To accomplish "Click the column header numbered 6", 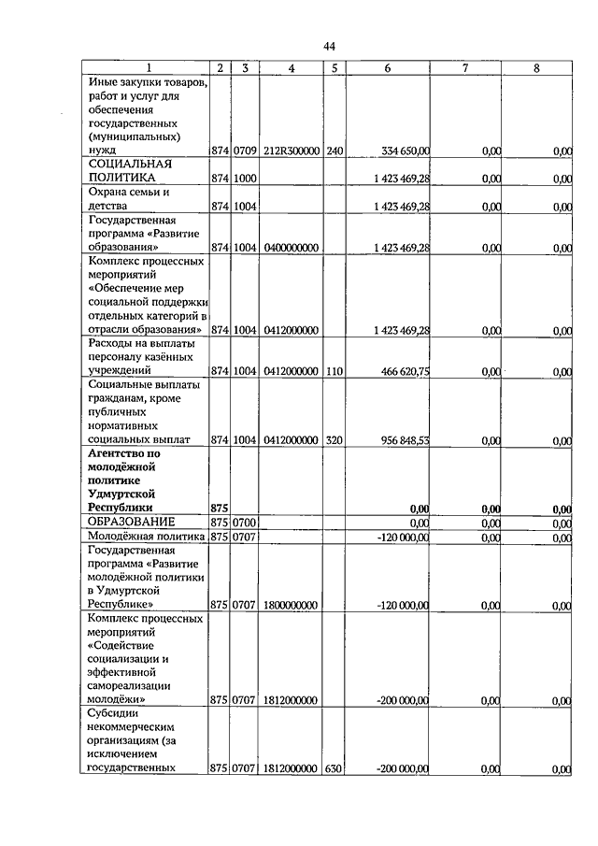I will pyautogui.click(x=387, y=67).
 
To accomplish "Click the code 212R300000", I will pyautogui.click(x=292, y=150).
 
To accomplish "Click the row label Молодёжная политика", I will pyautogui.click(x=145, y=537).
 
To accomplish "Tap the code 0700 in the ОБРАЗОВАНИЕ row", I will pyautogui.click(x=245, y=522).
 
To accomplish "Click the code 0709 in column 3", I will pyautogui.click(x=245, y=150).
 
